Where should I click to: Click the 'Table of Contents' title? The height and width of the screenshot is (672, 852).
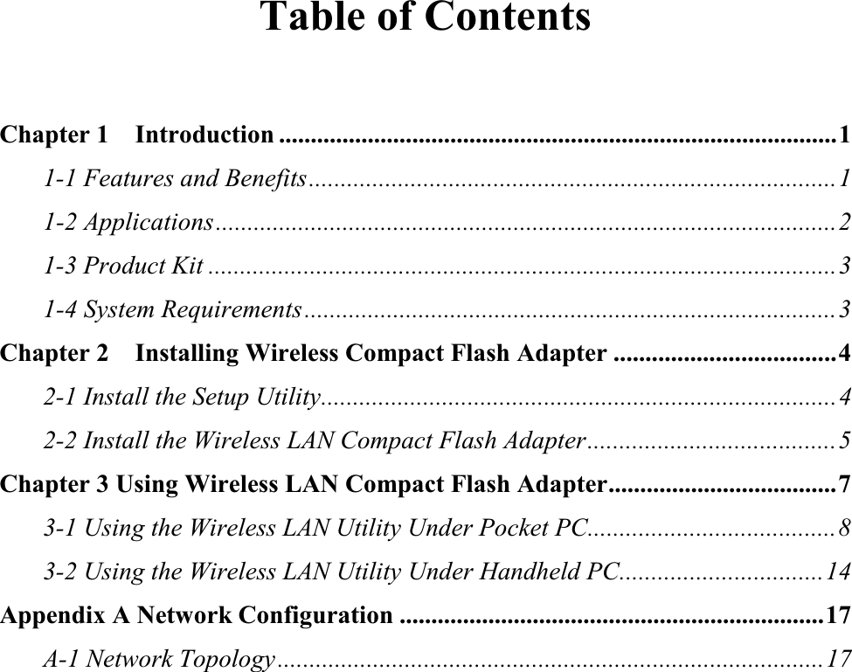point(426,17)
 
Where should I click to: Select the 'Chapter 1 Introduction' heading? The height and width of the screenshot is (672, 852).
point(137,135)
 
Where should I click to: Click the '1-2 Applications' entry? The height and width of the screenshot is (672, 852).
point(128,222)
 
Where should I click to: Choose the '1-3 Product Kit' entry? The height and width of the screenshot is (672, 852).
point(124,265)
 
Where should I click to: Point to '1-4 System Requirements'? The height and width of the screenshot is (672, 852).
point(173,308)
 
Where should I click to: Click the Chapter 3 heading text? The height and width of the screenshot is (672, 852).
point(303,484)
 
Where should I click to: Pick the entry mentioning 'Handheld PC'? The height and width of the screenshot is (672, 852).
point(332,572)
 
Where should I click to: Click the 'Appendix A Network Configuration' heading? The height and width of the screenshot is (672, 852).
point(197,615)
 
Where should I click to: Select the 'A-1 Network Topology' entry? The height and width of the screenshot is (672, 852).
point(160,657)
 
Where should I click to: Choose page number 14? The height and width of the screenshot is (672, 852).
point(838,572)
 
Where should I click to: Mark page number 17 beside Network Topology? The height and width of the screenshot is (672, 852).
point(838,657)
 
